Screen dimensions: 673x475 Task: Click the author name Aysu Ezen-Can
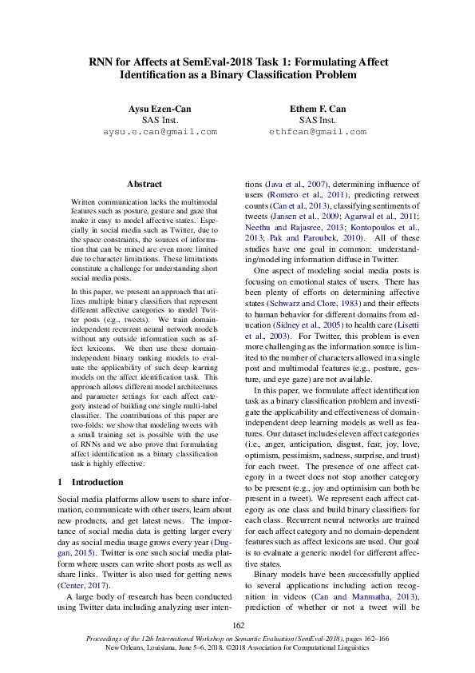(x=160, y=108)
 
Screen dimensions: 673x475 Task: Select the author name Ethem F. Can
(x=317, y=108)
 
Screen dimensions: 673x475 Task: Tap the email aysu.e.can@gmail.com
(x=160, y=131)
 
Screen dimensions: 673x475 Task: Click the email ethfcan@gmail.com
(x=317, y=131)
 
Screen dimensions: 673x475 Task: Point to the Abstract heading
(x=144, y=184)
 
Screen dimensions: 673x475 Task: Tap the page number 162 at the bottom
(x=237, y=625)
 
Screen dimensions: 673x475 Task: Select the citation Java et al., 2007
(x=296, y=184)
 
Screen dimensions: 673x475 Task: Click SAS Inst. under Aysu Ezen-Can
(x=160, y=120)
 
